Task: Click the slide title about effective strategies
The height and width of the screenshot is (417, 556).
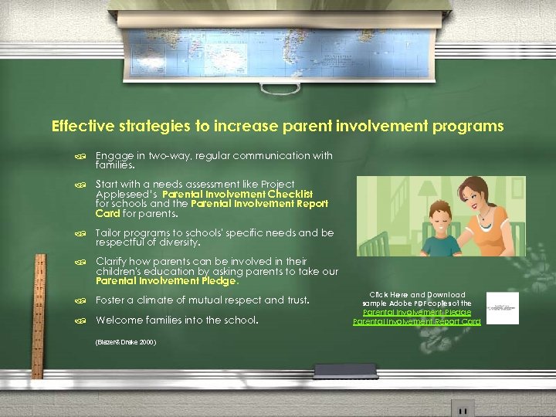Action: tap(277, 125)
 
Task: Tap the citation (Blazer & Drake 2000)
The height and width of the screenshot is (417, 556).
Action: tap(125, 341)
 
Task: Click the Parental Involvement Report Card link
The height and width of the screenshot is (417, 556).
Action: tap(416, 321)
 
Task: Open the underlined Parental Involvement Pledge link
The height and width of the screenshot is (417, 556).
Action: tap(418, 312)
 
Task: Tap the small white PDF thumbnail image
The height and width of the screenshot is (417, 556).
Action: tap(503, 308)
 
